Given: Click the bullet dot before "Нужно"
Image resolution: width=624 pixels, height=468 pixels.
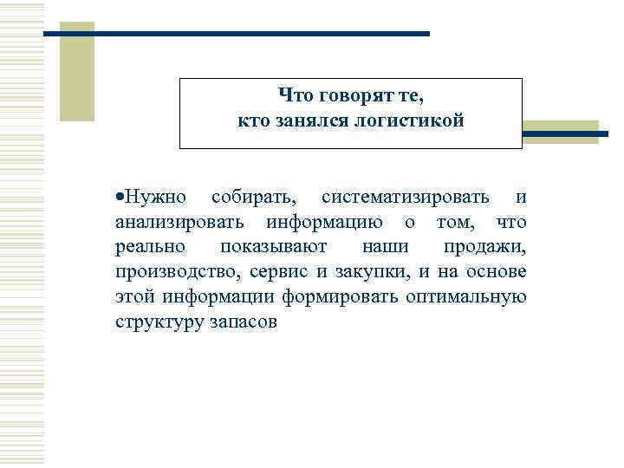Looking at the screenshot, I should click(x=117, y=199).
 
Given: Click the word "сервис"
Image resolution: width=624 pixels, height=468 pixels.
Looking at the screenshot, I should click(x=277, y=273).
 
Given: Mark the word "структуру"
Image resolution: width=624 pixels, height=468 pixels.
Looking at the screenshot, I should click(x=154, y=322).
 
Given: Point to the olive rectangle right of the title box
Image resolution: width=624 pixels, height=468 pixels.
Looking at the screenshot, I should click(x=564, y=132).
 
